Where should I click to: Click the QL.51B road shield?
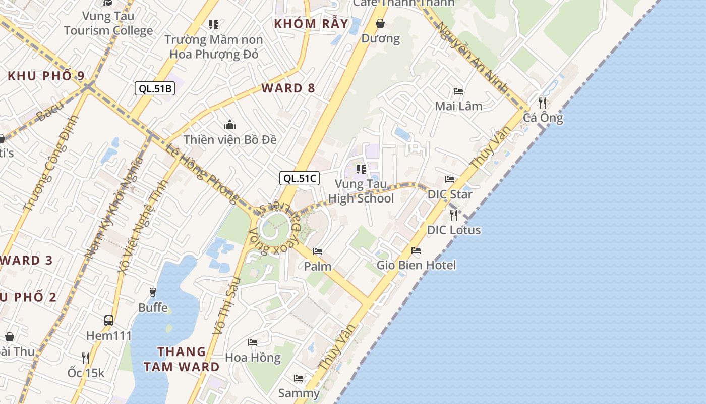(155, 89)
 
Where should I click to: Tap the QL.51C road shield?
(300, 178)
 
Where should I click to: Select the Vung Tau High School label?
(361, 191)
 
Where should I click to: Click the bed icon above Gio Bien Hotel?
(416, 250)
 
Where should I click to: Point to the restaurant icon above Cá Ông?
(543, 103)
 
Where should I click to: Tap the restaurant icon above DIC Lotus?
(454, 215)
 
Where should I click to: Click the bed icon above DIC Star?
(450, 179)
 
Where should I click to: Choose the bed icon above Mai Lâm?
(458, 91)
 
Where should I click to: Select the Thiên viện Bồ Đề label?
(230, 139)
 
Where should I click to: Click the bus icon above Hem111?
(109, 320)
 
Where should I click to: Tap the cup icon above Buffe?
(153, 292)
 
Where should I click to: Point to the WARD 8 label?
(288, 88)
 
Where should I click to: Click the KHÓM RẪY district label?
(311, 23)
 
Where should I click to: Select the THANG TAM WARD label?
(182, 359)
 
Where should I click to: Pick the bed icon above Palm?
(318, 251)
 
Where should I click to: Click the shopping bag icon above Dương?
(380, 23)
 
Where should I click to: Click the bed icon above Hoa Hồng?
(253, 342)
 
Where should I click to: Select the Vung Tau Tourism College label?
(108, 23)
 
